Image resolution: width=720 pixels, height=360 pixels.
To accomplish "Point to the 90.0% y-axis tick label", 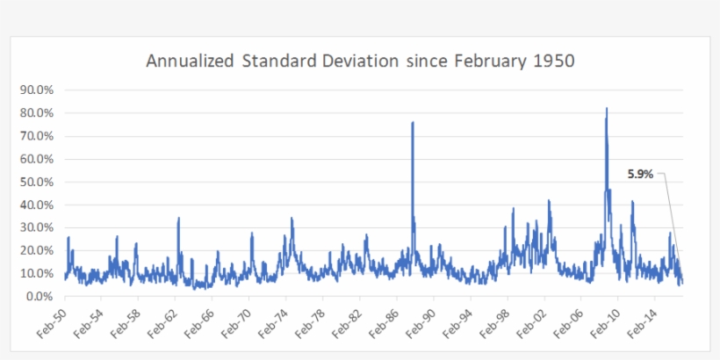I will click(36, 90).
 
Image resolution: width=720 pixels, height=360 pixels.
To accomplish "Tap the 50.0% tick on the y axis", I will click(36, 182).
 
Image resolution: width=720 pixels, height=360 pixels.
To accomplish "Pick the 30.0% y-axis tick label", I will click(36, 227).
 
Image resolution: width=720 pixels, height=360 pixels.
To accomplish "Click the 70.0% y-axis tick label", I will click(36, 136).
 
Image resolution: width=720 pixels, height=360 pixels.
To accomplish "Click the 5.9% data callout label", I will click(640, 174).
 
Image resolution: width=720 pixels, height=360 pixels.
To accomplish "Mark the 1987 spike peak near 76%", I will click(413, 123).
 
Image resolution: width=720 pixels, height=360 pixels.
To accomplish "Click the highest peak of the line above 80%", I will click(606, 108).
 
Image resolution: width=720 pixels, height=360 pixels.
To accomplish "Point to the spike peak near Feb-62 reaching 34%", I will click(178, 218).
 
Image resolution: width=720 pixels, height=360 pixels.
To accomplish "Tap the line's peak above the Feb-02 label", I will click(549, 200).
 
